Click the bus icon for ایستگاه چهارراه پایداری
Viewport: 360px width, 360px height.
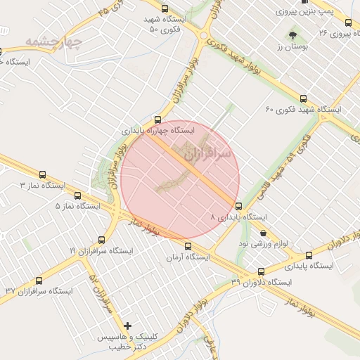point(157,120)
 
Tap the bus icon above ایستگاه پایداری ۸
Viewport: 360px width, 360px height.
point(238,207)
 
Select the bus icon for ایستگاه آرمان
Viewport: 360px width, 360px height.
point(188,246)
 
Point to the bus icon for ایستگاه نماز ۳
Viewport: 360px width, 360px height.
point(43,174)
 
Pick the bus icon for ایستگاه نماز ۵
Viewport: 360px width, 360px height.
point(77,195)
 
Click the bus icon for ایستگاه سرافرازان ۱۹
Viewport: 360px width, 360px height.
point(101,240)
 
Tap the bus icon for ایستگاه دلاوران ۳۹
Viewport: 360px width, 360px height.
point(262,271)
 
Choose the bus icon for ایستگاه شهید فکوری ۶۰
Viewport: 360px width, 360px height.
point(303,98)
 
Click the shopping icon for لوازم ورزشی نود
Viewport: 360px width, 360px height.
point(263,233)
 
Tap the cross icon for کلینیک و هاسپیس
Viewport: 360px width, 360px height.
point(127,326)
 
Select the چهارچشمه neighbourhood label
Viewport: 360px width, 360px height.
point(53,41)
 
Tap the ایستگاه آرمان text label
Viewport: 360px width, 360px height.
point(188,257)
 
